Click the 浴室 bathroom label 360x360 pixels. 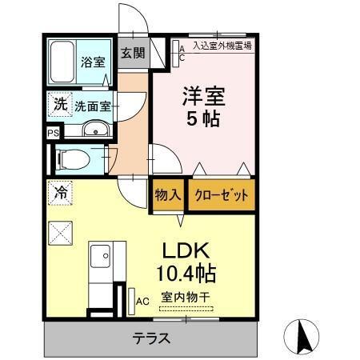tap(93, 62)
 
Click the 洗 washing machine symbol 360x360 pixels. tap(59, 103)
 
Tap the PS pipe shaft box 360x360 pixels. tap(53, 134)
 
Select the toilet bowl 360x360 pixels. tap(73, 160)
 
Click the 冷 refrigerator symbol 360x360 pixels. tap(60, 191)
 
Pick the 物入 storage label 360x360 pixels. tap(168, 195)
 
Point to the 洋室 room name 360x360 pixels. tap(206, 97)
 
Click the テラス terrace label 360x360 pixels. tap(150, 338)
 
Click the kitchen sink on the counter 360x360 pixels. tap(101, 258)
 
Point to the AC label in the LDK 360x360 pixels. tap(142, 301)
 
